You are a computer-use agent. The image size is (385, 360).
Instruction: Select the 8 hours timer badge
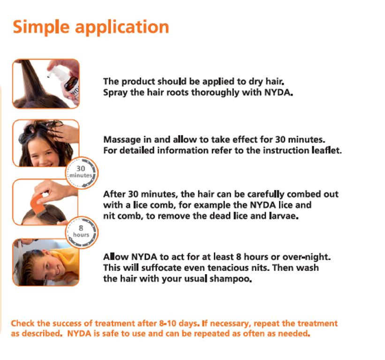[81, 231]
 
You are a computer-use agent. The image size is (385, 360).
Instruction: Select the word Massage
[121, 139]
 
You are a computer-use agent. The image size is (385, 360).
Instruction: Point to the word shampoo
[232, 278]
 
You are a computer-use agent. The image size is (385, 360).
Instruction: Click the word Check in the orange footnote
[23, 323]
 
